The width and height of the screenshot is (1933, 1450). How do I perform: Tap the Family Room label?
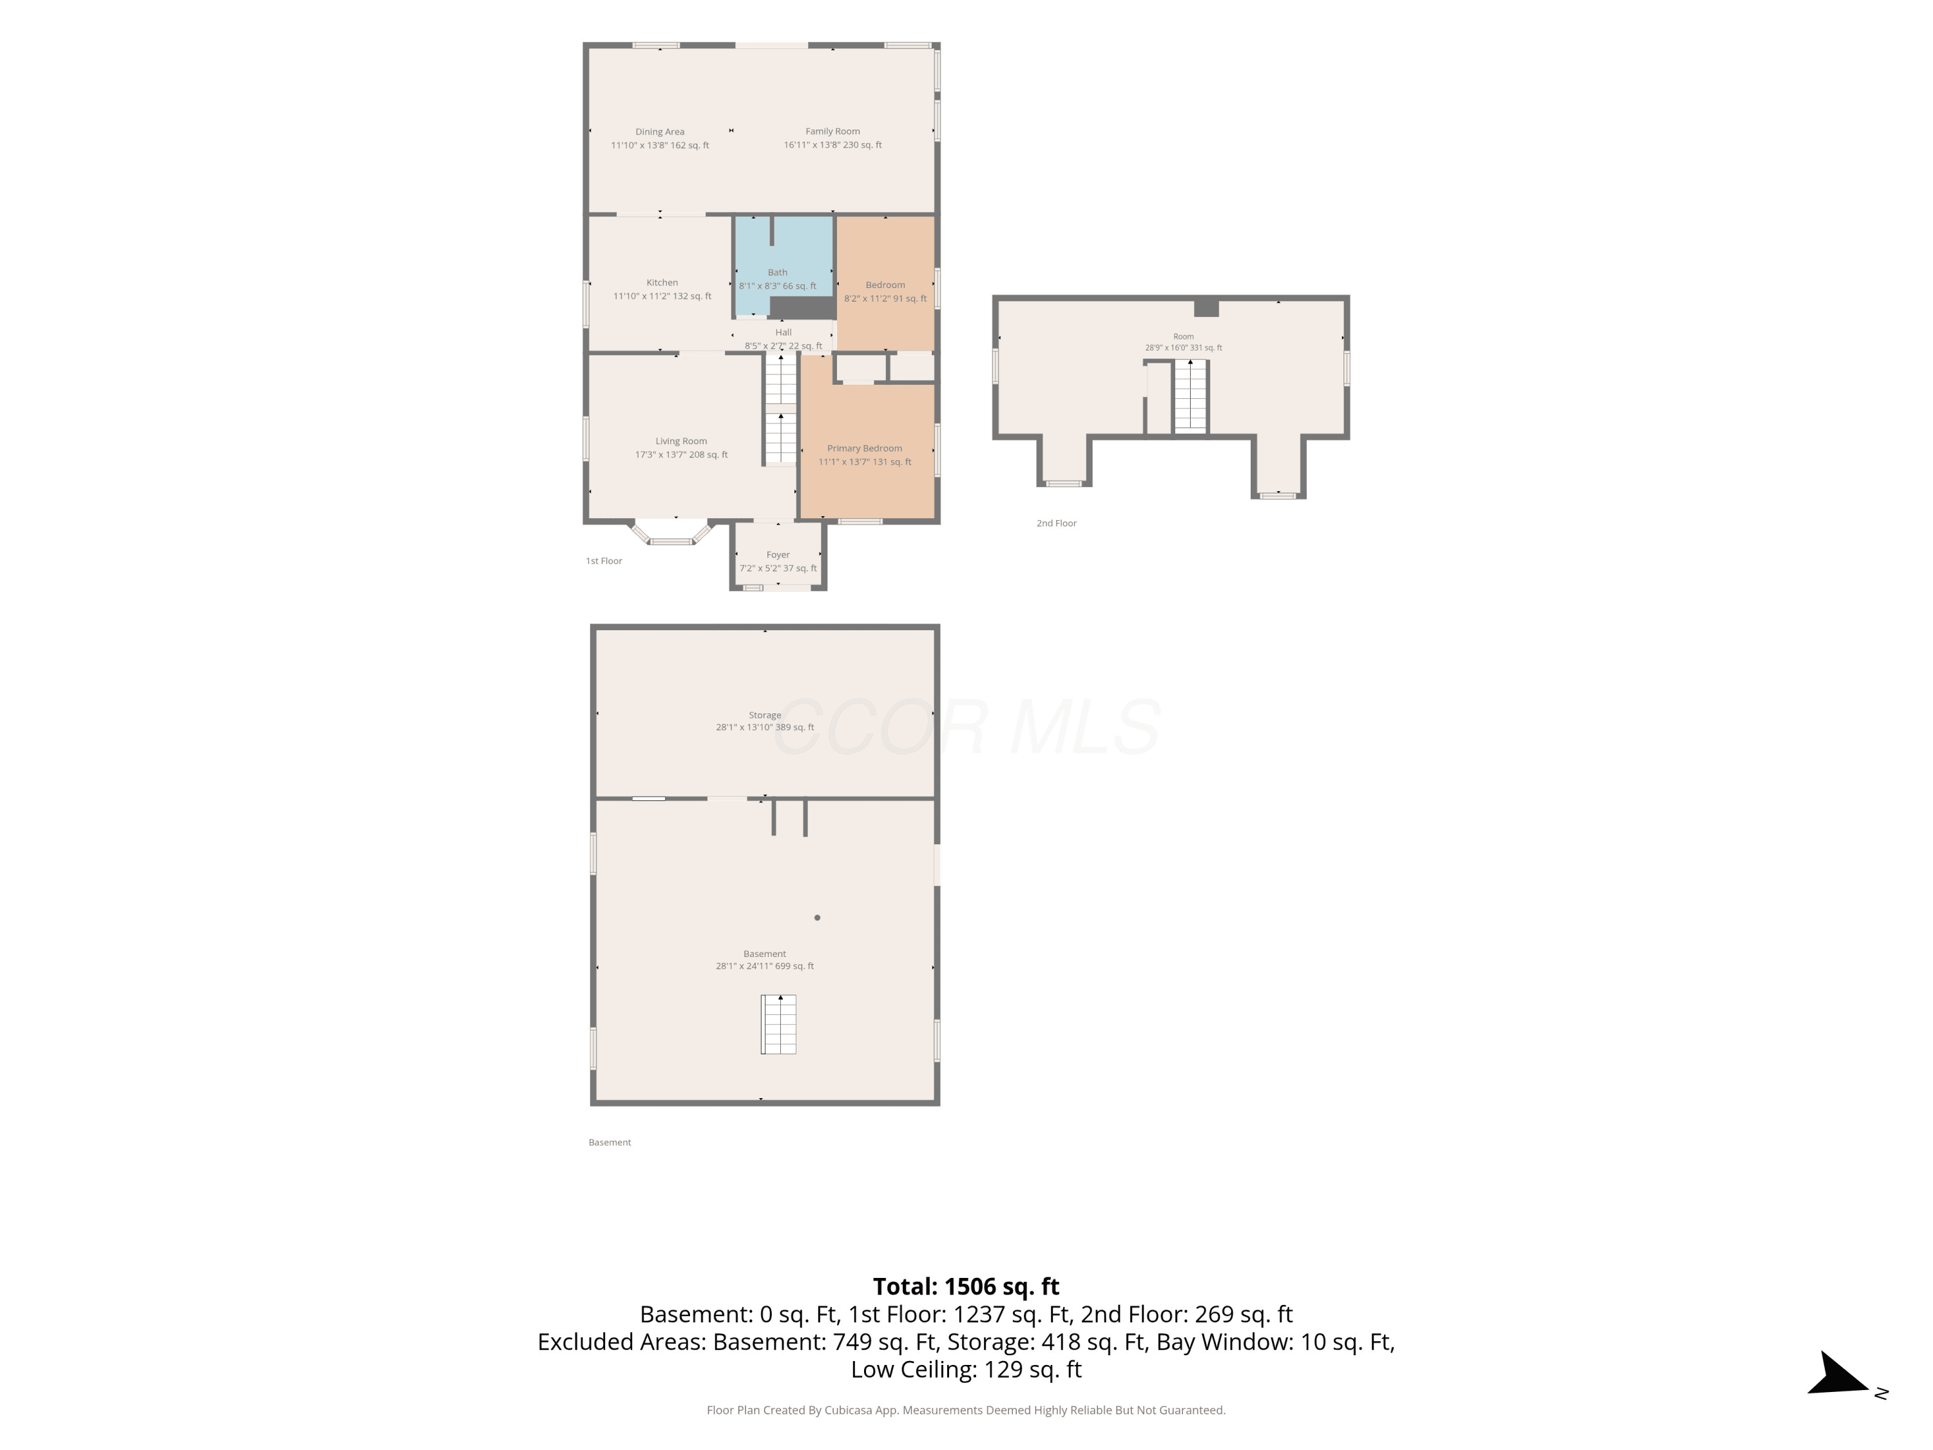click(x=832, y=131)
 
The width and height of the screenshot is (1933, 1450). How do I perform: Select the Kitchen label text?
click(x=662, y=282)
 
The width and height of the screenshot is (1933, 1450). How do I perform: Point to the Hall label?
click(x=783, y=332)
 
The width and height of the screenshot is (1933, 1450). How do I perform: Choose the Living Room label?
click(x=681, y=441)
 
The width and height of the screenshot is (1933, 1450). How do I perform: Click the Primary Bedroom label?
click(x=864, y=449)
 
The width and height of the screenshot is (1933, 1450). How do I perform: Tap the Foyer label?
click(x=778, y=554)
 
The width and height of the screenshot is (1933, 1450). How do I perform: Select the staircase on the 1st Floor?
click(x=780, y=408)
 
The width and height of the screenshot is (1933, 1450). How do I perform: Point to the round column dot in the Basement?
click(x=817, y=918)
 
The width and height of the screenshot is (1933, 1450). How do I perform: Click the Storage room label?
click(x=765, y=715)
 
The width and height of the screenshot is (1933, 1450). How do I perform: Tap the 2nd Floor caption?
click(x=1057, y=523)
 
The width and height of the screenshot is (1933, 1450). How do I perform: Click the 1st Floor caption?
click(x=604, y=561)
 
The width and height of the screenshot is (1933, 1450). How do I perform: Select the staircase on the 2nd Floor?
click(x=1189, y=396)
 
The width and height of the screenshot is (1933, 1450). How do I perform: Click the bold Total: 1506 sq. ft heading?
click(x=966, y=1286)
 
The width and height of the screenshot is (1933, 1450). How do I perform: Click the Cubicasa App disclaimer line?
click(x=966, y=1410)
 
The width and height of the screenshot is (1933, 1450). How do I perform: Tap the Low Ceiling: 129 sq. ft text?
click(x=966, y=1369)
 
